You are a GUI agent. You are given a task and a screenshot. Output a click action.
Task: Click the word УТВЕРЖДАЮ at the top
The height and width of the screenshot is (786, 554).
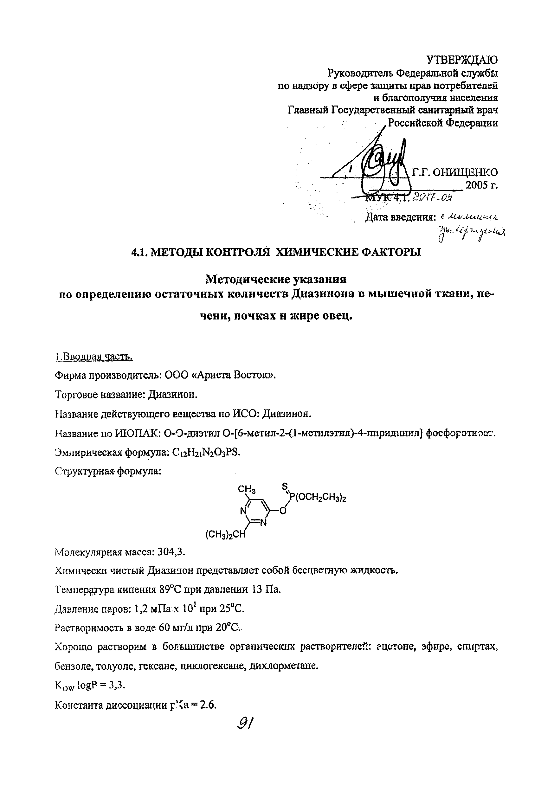coord(462,60)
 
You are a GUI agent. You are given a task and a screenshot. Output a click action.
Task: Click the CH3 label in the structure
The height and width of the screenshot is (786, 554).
coord(247,490)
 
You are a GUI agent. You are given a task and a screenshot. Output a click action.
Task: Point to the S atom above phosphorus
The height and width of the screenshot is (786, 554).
coord(285,486)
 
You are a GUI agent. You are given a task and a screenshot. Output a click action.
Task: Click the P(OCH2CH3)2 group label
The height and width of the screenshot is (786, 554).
coord(318,497)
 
